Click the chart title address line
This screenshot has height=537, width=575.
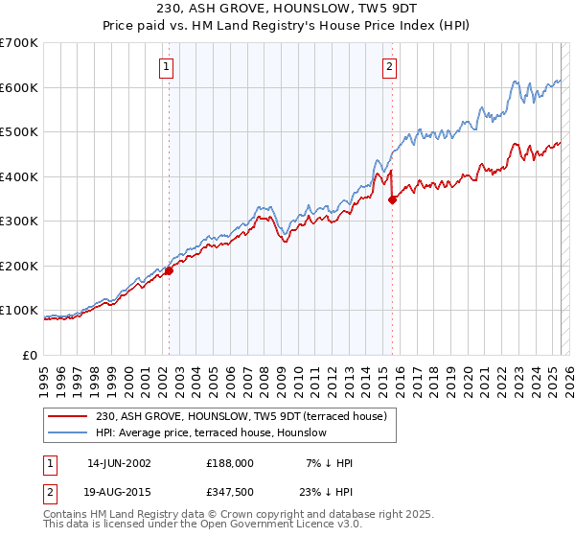[287, 8]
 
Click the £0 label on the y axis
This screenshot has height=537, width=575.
[31, 356]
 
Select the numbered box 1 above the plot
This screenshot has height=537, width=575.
[167, 67]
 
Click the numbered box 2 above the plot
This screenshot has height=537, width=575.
[390, 67]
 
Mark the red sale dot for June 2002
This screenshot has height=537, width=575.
[169, 271]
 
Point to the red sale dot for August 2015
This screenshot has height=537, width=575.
[392, 199]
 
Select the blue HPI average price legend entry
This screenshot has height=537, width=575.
[211, 432]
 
